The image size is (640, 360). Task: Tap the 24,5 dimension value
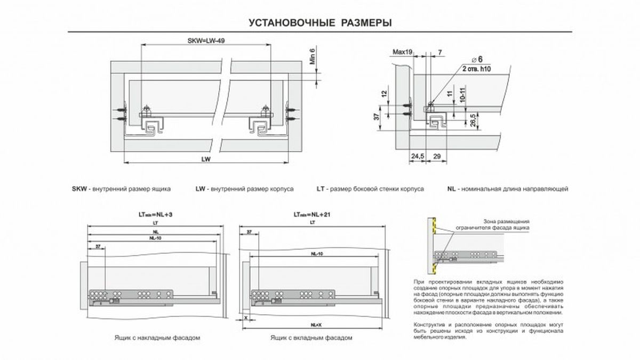pyautogui.click(x=418, y=156)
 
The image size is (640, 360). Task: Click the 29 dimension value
pyautogui.click(x=437, y=156)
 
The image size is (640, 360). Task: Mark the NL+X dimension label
pyautogui.click(x=315, y=325)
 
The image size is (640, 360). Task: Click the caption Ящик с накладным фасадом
pyautogui.click(x=156, y=338)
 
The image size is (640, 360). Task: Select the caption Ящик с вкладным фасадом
pyautogui.click(x=311, y=338)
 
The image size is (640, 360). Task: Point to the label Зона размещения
pyautogui.click(x=506, y=221)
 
